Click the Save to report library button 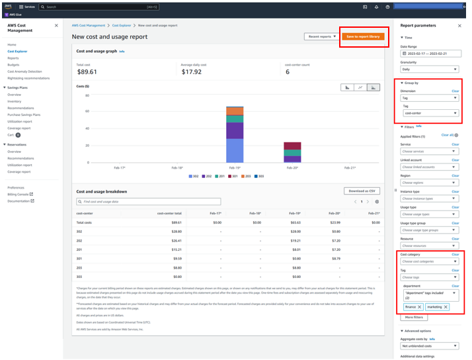[363, 36]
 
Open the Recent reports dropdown [321, 36]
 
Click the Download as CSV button [362, 191]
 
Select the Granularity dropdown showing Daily [429, 69]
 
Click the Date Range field [430, 54]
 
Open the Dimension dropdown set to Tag [429, 98]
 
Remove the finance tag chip [419, 307]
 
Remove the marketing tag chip [446, 307]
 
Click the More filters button [414, 318]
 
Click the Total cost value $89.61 [87, 72]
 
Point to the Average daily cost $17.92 [192, 72]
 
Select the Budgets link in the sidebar [13, 65]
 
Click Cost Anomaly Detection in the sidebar [24, 71]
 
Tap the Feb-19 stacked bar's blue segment [235, 151]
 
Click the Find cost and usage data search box [149, 201]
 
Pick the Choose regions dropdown [429, 183]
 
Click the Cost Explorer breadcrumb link [121, 25]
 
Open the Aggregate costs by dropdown [429, 345]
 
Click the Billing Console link [19, 194]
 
